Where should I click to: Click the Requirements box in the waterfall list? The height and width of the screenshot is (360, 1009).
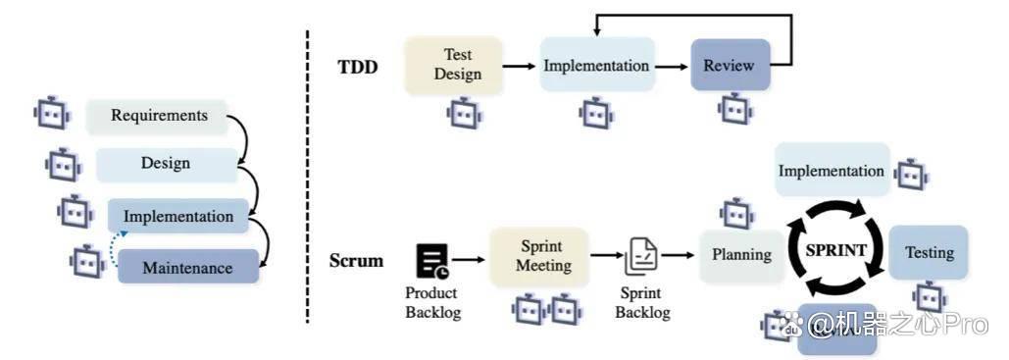point(157,117)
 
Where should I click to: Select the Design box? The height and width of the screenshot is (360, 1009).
point(167,164)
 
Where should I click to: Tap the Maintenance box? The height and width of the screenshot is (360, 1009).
point(188,266)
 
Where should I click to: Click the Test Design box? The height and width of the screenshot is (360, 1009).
point(453,66)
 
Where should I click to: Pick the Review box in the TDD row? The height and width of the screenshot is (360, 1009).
point(731,65)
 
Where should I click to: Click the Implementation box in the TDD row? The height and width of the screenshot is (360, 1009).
point(597,64)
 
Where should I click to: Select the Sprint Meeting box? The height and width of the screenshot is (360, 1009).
point(540,256)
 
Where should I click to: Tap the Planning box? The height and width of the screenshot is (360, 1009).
point(741,255)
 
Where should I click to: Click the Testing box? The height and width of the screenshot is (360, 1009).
point(929,252)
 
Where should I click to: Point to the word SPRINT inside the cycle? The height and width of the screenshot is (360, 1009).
point(836,250)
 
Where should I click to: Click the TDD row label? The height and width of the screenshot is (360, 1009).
point(358,68)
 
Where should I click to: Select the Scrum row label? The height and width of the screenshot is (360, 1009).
point(356,261)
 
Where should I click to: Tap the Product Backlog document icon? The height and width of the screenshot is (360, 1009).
point(432,261)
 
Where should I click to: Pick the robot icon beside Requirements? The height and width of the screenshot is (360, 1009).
point(52,114)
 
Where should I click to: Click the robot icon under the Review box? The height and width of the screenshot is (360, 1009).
point(736,109)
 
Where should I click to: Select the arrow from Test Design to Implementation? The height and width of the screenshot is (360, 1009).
point(520,65)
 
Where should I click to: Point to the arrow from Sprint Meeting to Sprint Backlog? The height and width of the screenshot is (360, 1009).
point(606,256)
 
